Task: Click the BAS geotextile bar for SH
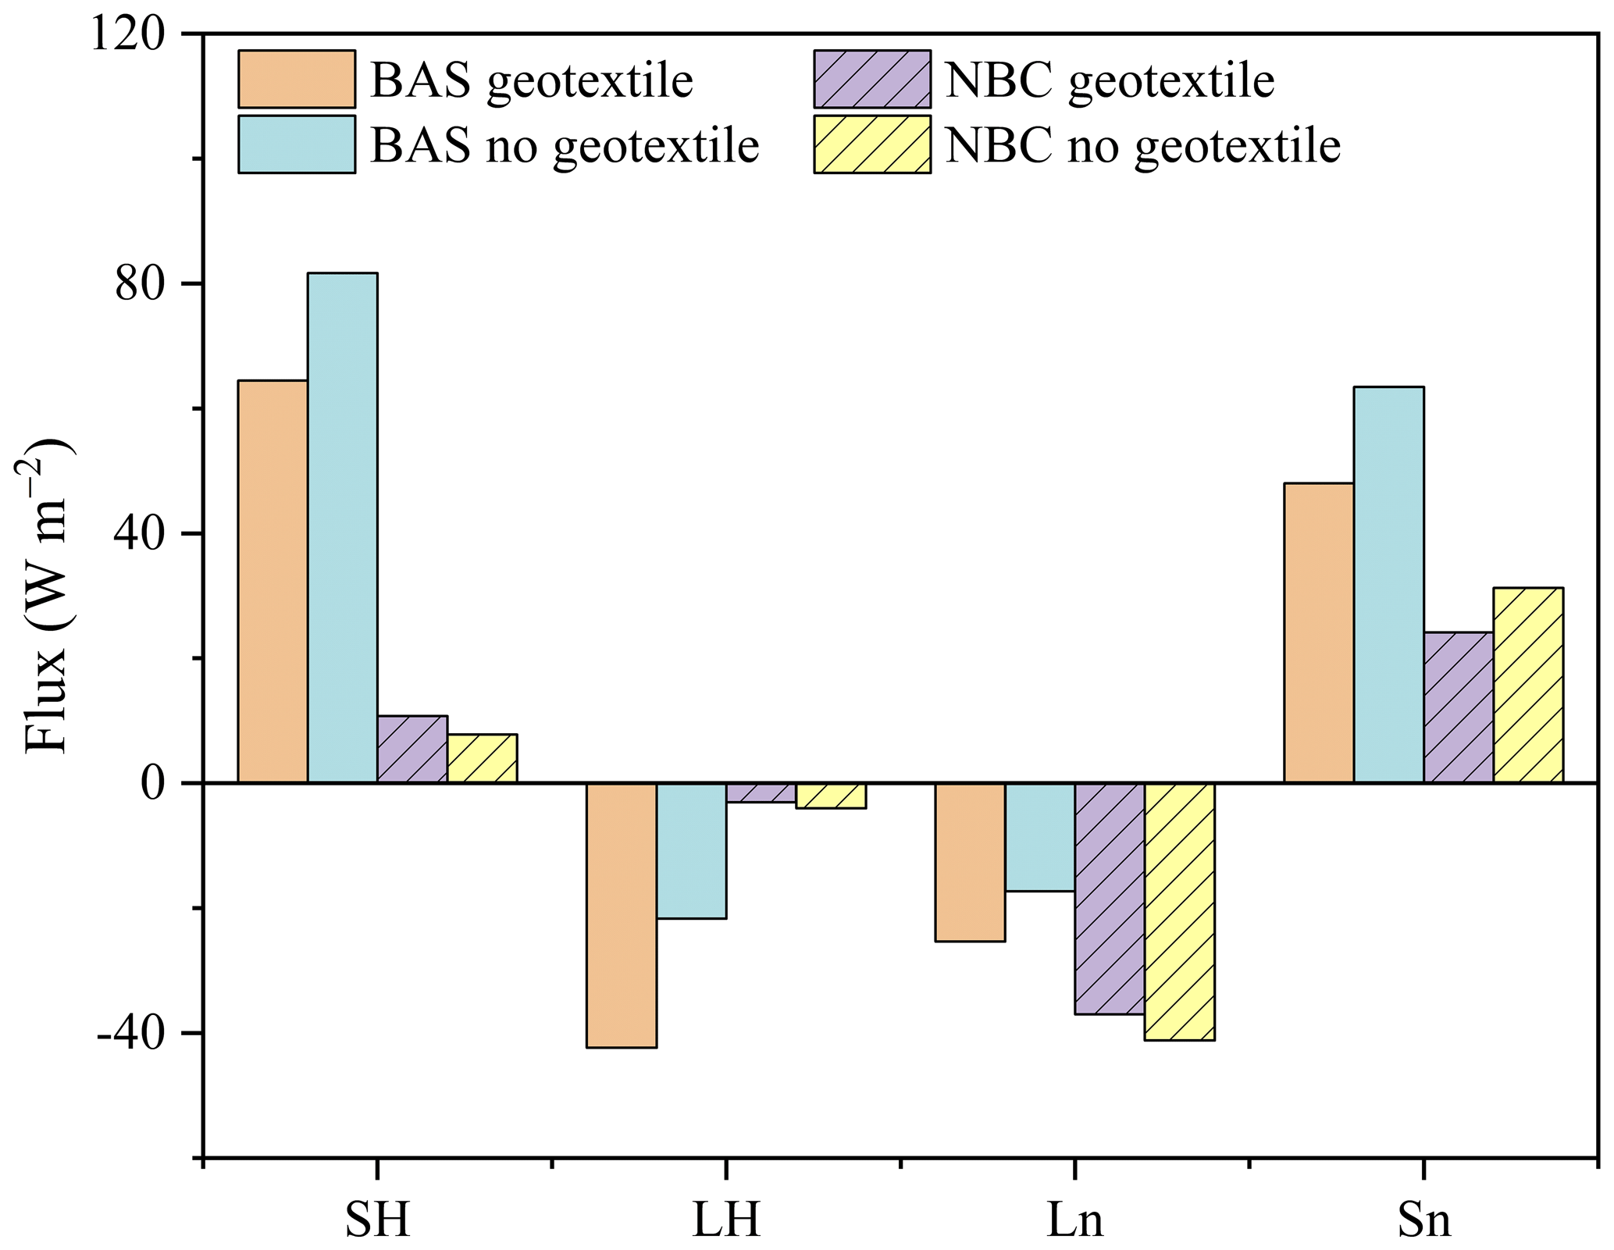pyautogui.click(x=273, y=581)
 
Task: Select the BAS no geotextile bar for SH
pyautogui.click(x=342, y=528)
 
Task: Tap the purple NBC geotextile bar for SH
pyautogui.click(x=412, y=749)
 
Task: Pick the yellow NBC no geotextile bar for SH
pyautogui.click(x=482, y=758)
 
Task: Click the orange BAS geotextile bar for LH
pyautogui.click(x=622, y=915)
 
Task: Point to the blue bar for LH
pyautogui.click(x=691, y=850)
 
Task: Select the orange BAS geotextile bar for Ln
pyautogui.click(x=970, y=862)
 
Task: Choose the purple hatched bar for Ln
pyautogui.click(x=1110, y=899)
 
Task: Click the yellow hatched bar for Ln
pyautogui.click(x=1179, y=912)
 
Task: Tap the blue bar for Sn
pyautogui.click(x=1388, y=585)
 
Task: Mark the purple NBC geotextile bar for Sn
pyautogui.click(x=1459, y=707)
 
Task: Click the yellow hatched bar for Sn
pyautogui.click(x=1528, y=685)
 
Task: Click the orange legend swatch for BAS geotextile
pyautogui.click(x=297, y=79)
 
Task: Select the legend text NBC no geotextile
pyautogui.click(x=1142, y=145)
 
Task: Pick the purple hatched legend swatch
pyautogui.click(x=872, y=79)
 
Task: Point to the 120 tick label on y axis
pyautogui.click(x=128, y=35)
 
